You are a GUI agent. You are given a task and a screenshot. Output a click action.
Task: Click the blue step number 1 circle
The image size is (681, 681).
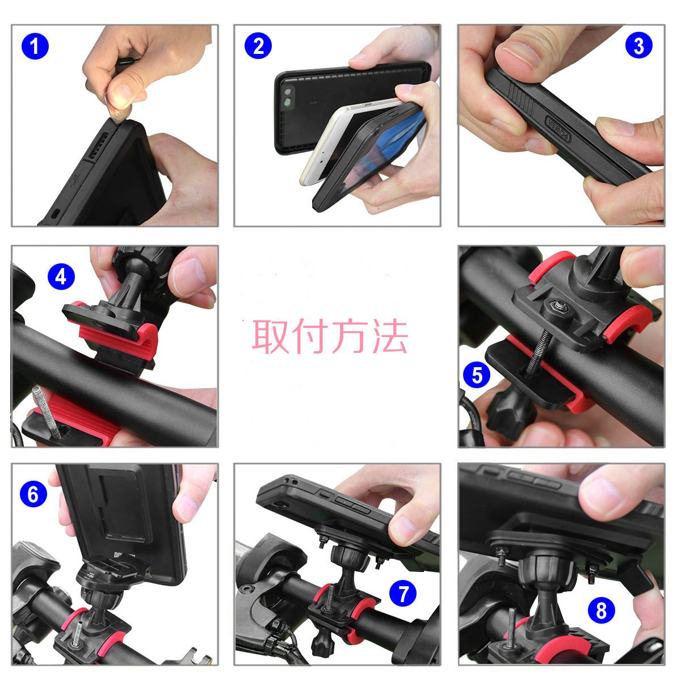click(35, 47)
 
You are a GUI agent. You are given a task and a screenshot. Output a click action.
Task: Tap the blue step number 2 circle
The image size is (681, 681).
click(258, 45)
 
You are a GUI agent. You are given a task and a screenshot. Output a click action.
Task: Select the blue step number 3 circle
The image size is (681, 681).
click(638, 45)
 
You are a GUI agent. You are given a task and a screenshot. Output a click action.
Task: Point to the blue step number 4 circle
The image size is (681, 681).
click(61, 276)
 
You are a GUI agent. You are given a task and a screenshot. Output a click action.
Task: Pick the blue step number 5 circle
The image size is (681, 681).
click(477, 375)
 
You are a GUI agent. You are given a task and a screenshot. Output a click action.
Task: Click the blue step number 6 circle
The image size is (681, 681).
click(33, 494)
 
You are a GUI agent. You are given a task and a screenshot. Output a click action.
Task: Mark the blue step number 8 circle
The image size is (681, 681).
click(602, 610)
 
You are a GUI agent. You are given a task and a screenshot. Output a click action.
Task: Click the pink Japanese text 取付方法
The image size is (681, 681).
click(330, 336)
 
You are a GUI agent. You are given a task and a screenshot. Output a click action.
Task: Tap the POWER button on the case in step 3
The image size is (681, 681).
click(559, 129)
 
